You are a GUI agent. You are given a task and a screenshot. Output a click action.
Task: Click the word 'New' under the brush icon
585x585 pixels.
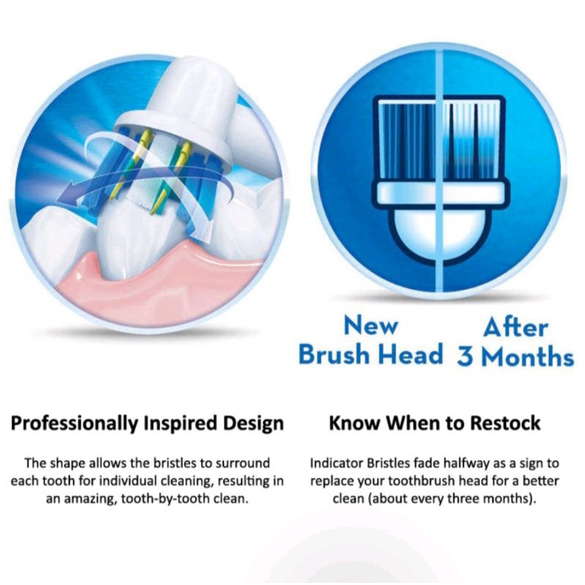point(371,325)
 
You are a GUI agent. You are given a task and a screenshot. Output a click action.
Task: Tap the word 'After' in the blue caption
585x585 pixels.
point(516,328)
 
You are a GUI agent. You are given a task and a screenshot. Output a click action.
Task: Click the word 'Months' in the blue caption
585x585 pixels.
point(527,356)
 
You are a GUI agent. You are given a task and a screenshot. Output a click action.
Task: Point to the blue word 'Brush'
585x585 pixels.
point(334,354)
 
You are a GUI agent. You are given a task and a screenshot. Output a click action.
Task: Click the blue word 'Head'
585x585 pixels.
point(410,354)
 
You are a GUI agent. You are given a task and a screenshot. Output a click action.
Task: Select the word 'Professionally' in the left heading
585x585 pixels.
point(75,424)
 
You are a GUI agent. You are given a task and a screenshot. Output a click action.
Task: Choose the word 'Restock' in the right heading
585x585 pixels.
point(505,423)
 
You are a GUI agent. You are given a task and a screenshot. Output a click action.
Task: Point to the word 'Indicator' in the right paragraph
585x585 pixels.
point(336,464)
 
